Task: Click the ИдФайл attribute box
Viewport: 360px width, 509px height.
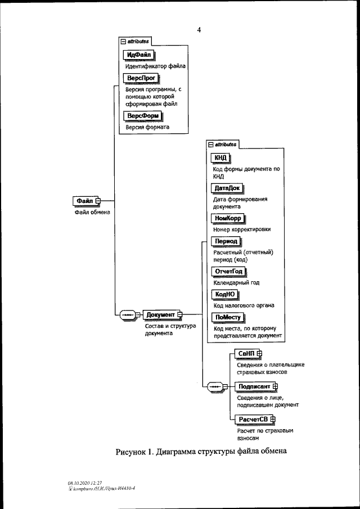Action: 138,55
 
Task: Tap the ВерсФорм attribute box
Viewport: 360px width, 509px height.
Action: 143,116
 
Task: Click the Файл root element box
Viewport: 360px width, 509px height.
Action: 84,201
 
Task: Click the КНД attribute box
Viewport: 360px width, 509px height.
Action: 220,157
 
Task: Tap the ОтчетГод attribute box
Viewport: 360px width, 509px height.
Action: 228,272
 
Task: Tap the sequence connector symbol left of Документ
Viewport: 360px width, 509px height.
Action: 127,314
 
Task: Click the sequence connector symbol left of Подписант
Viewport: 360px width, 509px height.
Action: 216,386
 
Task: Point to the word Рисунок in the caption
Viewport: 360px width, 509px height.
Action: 133,452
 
